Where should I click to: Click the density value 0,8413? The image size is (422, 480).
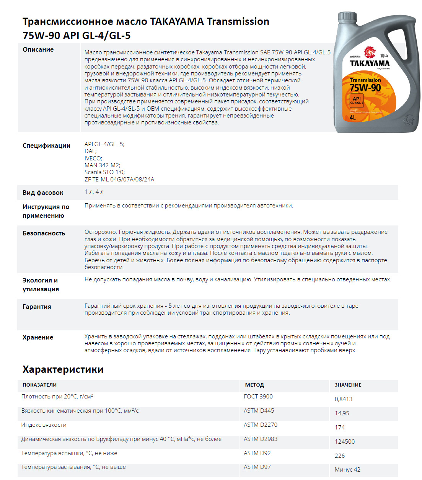(x=343, y=399)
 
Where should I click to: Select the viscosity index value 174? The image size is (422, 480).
(x=339, y=427)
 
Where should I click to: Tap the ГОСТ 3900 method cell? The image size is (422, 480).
(x=258, y=397)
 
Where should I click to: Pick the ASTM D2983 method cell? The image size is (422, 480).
(x=260, y=439)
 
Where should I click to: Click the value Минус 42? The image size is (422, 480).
(x=347, y=470)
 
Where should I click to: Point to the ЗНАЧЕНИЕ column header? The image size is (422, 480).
(x=348, y=385)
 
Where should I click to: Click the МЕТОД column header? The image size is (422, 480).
(x=254, y=385)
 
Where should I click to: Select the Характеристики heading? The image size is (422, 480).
(x=63, y=369)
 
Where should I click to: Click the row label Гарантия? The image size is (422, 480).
(x=37, y=307)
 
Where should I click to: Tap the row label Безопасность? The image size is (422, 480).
(x=44, y=233)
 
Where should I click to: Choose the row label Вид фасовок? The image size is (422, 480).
(x=43, y=193)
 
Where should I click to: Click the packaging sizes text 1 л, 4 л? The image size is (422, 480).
(x=94, y=192)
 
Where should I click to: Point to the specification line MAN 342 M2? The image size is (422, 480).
(x=102, y=165)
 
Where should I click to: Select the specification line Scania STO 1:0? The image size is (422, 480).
(x=104, y=172)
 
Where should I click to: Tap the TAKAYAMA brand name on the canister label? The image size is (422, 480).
(x=369, y=64)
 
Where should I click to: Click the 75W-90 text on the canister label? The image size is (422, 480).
(x=365, y=88)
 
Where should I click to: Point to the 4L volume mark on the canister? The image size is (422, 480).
(x=352, y=118)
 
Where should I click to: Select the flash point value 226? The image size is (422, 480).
(x=339, y=456)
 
